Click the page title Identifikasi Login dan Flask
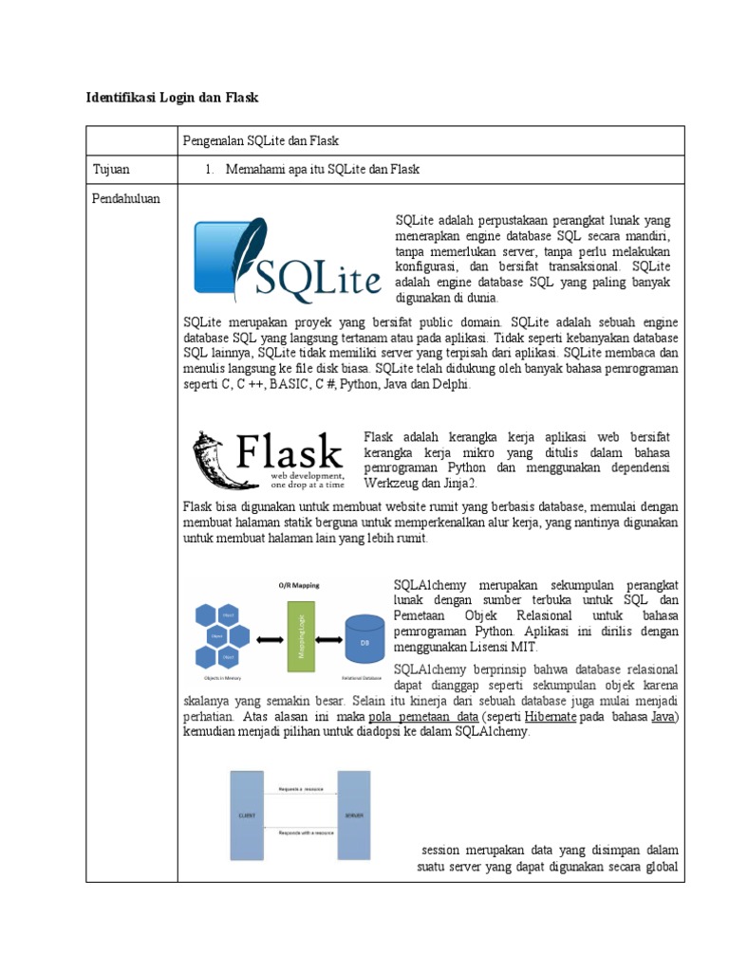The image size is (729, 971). click(172, 97)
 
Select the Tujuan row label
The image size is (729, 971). click(111, 169)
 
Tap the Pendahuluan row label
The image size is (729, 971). click(126, 198)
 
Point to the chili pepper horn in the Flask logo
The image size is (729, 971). click(210, 459)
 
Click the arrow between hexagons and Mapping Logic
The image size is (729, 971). click(269, 638)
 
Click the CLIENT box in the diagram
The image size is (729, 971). click(245, 815)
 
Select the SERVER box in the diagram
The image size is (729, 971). click(353, 815)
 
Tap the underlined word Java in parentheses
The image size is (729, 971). click(663, 717)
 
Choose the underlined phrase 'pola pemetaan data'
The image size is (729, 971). click(422, 717)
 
